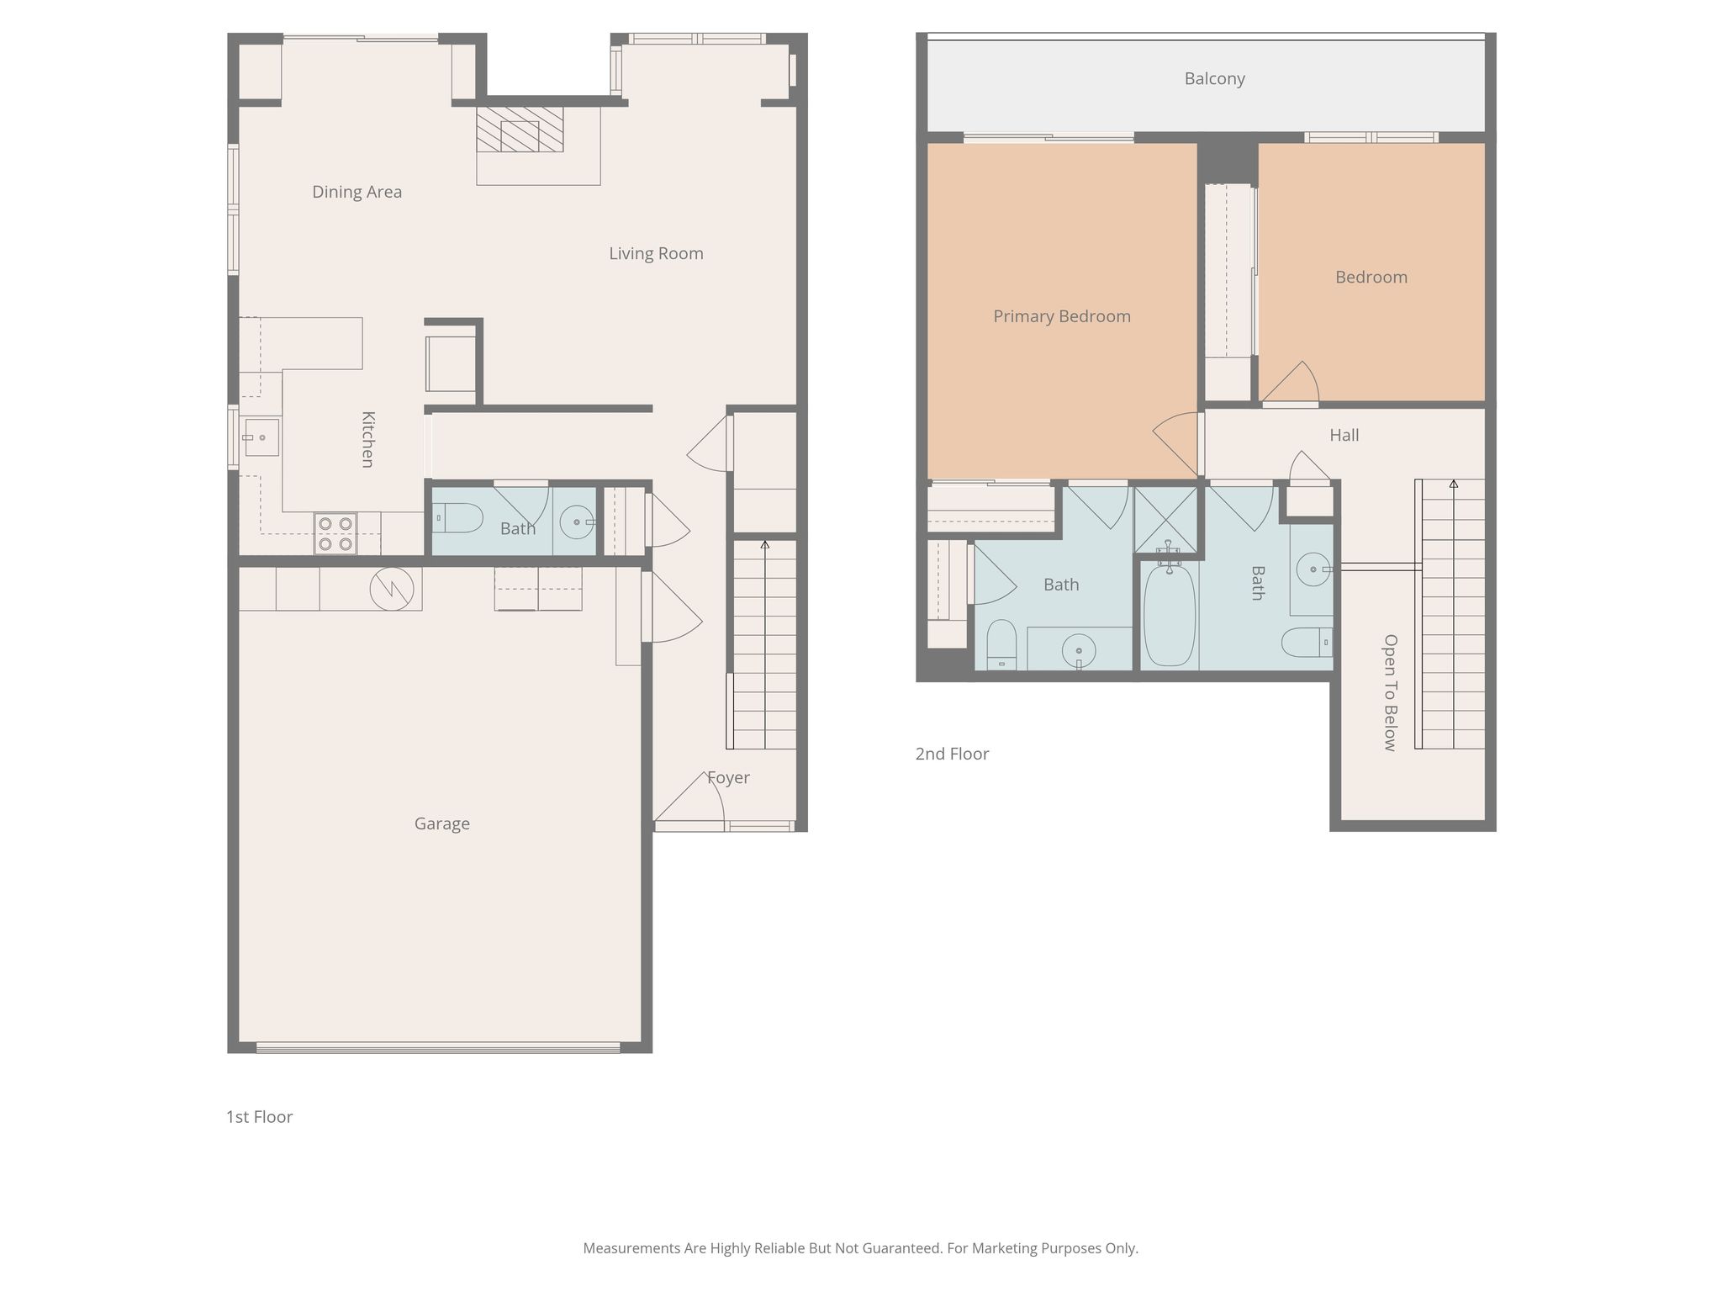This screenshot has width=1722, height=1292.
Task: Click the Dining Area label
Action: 357,192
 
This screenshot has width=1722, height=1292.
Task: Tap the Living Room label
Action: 656,253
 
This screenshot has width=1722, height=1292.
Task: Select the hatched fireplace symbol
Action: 520,130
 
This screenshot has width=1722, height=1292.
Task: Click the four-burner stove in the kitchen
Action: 335,533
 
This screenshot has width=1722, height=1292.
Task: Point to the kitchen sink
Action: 261,437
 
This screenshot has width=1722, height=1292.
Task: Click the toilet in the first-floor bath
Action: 457,518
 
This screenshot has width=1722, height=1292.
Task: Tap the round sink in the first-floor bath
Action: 577,522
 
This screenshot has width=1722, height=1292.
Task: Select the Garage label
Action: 441,823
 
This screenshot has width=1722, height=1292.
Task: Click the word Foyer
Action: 728,778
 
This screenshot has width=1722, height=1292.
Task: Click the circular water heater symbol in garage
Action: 392,589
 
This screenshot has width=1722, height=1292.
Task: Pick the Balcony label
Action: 1214,78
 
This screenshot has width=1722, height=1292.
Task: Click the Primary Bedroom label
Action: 1061,316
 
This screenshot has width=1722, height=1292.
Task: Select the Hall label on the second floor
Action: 1344,435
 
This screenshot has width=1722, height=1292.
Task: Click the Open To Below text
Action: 1390,692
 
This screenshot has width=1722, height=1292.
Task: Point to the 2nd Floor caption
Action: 952,754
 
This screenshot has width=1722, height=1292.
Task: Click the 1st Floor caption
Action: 259,1117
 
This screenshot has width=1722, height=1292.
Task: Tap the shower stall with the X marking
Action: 1165,520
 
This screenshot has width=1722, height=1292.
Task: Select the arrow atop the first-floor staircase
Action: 764,545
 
